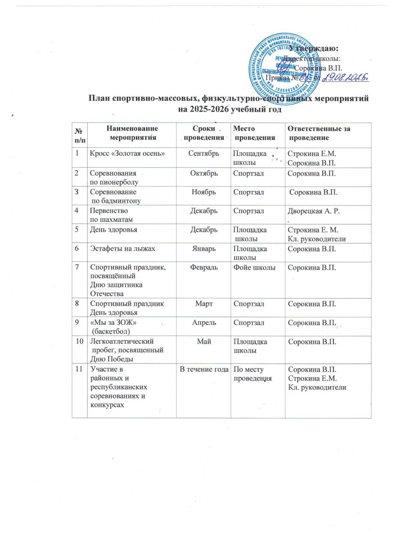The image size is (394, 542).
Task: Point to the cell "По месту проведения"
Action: click(252, 374)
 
